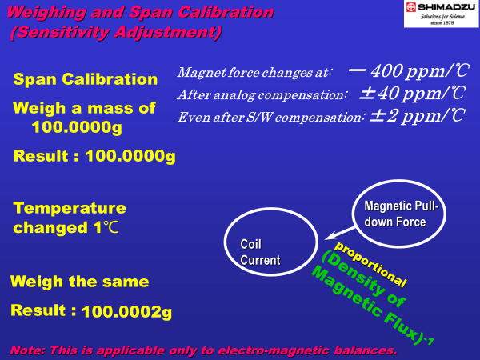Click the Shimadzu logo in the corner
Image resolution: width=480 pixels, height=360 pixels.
[441, 14]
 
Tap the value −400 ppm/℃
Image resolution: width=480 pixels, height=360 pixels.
[408, 70]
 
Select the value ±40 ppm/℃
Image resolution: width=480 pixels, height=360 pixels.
[413, 93]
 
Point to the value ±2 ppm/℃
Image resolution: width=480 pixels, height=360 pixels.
[417, 116]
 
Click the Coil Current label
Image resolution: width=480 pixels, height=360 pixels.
[260, 252]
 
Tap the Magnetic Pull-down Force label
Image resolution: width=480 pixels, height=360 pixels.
[402, 214]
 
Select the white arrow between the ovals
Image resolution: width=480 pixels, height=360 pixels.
[341, 234]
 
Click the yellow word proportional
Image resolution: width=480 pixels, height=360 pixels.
[370, 265]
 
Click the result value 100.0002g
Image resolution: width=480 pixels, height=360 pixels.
[126, 312]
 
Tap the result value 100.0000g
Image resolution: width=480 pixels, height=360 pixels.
[130, 156]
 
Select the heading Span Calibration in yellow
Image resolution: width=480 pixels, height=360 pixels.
[86, 79]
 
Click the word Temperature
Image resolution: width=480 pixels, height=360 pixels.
[70, 208]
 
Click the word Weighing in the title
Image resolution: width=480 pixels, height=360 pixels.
[46, 13]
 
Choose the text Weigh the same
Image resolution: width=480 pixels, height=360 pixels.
[79, 282]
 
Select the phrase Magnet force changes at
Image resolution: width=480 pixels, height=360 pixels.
[254, 73]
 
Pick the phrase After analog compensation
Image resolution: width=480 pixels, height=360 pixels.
[262, 95]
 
